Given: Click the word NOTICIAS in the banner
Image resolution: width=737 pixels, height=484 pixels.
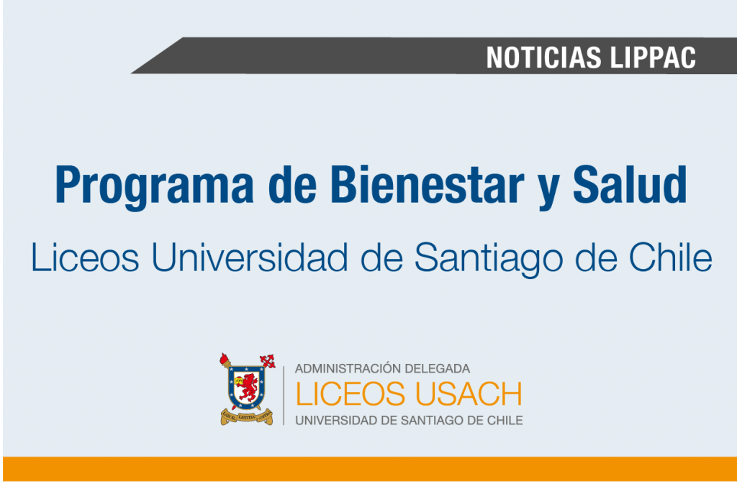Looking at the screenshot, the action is (543, 58).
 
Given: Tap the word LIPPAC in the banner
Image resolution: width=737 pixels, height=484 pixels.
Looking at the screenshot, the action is (654, 58).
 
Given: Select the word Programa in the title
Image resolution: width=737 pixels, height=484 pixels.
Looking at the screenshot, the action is (155, 186).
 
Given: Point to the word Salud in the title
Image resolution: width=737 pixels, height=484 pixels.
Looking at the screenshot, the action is (630, 184).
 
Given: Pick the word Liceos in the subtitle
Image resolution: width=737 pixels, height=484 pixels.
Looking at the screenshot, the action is (85, 258).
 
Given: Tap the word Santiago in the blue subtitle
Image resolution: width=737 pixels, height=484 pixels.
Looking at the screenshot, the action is (489, 260).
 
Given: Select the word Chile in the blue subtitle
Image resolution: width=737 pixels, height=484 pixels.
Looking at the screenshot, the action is (671, 258).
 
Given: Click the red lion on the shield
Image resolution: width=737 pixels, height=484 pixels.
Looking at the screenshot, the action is (248, 386).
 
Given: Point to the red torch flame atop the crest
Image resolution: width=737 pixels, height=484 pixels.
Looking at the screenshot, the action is (225, 359).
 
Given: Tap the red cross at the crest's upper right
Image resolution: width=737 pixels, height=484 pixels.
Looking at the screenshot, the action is (268, 361).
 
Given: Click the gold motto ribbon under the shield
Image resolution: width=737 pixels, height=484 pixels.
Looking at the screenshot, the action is (247, 416).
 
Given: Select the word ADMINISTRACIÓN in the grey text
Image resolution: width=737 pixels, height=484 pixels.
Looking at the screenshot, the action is (346, 368).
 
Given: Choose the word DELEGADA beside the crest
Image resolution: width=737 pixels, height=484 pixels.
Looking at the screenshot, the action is (435, 368).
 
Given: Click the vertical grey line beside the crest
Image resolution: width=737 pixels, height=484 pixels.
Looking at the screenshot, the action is (284, 396).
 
